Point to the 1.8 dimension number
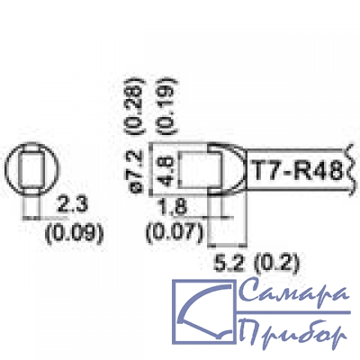pyautogui.click(x=174, y=207)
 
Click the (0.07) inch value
pyautogui.click(x=175, y=232)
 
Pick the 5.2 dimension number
pyautogui.click(x=229, y=263)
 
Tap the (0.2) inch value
pyautogui.click(x=276, y=264)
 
